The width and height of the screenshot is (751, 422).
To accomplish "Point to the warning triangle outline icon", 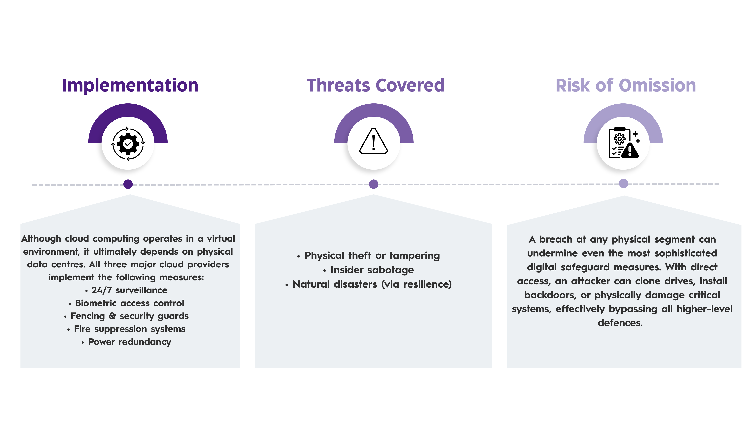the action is pyautogui.click(x=374, y=141).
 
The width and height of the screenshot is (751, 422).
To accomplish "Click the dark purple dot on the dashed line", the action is pyautogui.click(x=128, y=184).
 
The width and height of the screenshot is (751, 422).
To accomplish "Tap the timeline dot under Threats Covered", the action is pyautogui.click(x=374, y=184).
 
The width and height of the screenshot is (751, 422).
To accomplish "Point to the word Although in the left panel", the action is pyautogui.click(x=41, y=239).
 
